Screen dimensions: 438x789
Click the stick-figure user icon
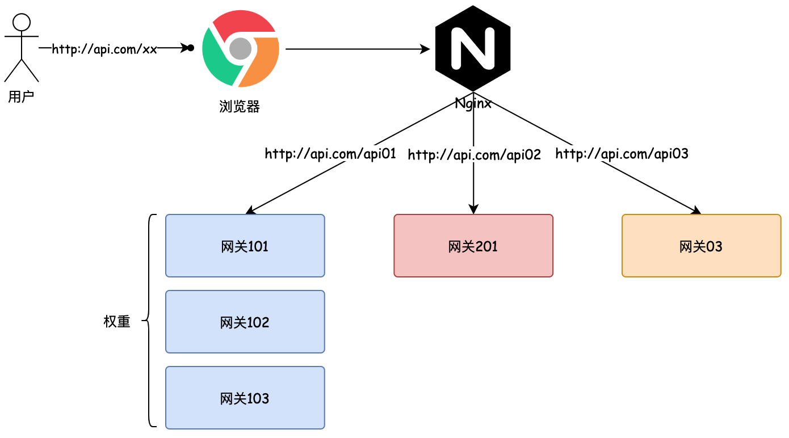[22, 48]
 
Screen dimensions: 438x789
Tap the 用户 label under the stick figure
[21, 97]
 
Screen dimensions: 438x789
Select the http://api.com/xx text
[104, 49]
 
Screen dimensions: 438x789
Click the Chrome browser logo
[241, 49]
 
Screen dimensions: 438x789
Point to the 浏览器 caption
[240, 107]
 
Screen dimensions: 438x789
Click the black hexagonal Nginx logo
[473, 48]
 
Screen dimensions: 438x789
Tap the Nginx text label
[473, 104]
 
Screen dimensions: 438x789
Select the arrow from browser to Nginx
[358, 49]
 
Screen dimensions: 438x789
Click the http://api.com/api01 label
[330, 154]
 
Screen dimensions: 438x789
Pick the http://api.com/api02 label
[475, 154]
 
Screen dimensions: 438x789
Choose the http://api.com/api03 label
[622, 154]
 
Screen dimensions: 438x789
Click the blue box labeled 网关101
[245, 246]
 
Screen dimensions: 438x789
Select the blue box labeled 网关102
[245, 322]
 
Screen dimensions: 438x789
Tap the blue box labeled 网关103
[245, 398]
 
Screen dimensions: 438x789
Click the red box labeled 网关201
[473, 246]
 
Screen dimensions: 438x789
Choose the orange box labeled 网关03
[701, 246]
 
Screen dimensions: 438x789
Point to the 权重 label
[117, 322]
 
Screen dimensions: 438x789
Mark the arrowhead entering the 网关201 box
[473, 209]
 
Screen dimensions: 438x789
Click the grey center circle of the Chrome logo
[241, 49]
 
